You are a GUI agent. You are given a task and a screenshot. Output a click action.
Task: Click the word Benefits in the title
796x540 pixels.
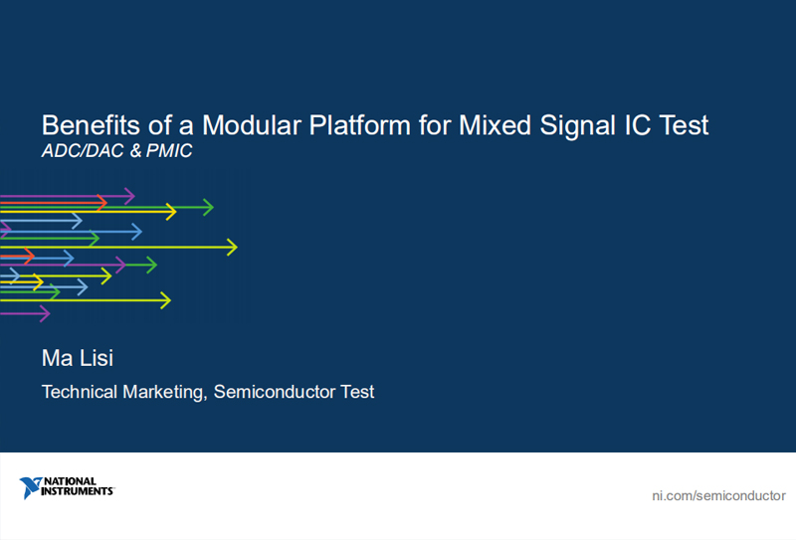[91, 125]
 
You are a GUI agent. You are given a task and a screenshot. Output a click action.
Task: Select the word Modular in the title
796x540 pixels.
[252, 125]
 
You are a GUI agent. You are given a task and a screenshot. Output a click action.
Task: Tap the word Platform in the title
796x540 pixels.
[360, 125]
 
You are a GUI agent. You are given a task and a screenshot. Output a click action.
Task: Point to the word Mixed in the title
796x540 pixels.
[495, 125]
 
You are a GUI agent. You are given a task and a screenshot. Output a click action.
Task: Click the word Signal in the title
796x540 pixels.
[578, 126]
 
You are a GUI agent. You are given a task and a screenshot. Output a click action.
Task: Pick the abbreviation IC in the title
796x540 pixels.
[638, 125]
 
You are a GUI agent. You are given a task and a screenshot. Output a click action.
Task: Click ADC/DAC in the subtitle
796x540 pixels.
[83, 151]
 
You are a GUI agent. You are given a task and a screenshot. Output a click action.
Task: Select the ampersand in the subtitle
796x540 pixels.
[135, 151]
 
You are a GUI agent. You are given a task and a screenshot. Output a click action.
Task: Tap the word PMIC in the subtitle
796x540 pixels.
[169, 151]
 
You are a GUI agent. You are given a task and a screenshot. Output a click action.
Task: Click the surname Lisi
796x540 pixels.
[96, 358]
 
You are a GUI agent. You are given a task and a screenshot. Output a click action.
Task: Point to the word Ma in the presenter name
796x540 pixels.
[58, 358]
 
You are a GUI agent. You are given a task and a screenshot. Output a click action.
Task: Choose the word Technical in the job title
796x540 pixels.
[80, 392]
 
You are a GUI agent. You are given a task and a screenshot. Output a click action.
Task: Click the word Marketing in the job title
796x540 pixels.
[165, 392]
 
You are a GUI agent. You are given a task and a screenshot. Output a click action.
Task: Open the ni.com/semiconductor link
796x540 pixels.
[718, 496]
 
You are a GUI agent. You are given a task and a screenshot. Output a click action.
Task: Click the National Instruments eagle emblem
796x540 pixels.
[31, 487]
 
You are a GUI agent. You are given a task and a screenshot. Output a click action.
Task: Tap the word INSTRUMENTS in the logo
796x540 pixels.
[78, 491]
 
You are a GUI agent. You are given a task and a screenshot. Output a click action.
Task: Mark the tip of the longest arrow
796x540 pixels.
[237, 248]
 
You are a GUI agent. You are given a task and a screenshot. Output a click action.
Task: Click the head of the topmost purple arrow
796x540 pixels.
[130, 196]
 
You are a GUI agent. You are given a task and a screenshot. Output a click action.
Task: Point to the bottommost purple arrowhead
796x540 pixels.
[46, 313]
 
